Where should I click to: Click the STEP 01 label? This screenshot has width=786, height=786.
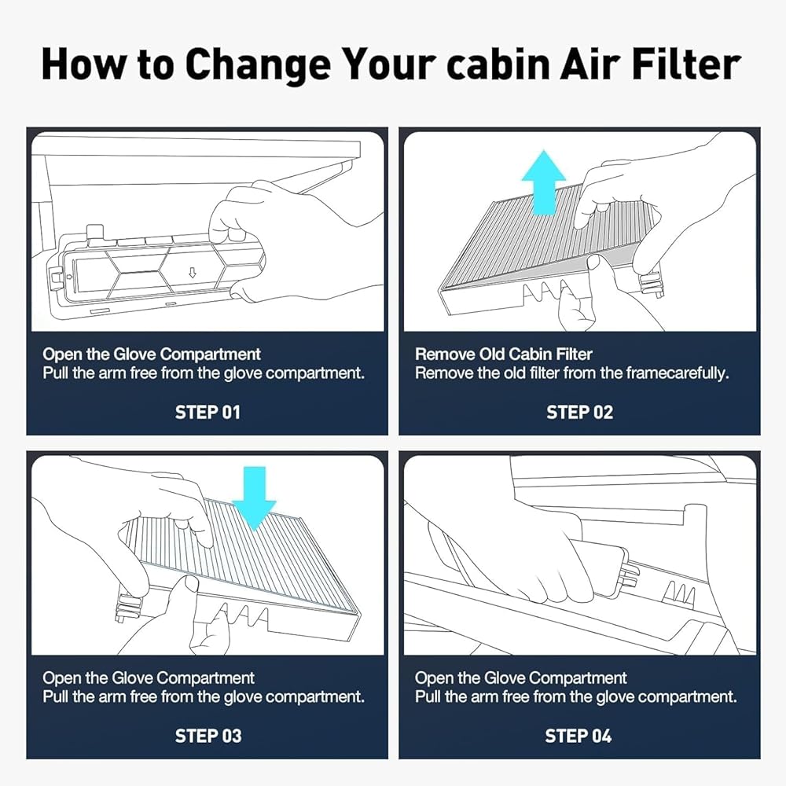(x=208, y=413)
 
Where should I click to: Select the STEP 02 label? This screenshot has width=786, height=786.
(x=579, y=413)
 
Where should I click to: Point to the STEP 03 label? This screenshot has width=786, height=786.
(x=208, y=736)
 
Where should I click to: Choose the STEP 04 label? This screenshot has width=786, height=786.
(x=578, y=736)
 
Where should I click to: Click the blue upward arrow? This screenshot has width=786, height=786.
(x=544, y=182)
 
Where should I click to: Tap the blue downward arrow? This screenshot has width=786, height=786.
(x=255, y=498)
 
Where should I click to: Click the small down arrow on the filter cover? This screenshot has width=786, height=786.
(x=192, y=272)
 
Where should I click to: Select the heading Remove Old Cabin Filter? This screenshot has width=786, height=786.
(x=503, y=354)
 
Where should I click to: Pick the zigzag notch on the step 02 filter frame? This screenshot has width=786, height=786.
(x=546, y=292)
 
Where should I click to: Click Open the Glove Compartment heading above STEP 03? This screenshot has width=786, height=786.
(x=149, y=678)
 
